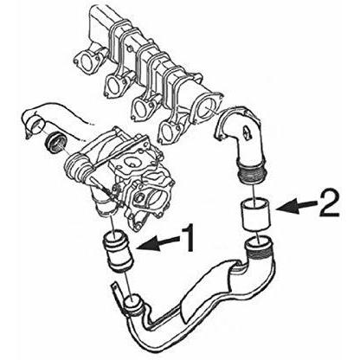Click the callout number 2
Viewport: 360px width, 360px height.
(329, 202)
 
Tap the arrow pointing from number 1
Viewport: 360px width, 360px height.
(158, 241)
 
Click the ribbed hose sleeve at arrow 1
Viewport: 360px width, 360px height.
(118, 251)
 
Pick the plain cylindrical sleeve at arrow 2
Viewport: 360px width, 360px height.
(255, 215)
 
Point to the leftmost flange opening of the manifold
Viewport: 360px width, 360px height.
(86, 63)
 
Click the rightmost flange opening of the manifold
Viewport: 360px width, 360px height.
(207, 106)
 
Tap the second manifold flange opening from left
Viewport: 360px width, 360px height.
(114, 86)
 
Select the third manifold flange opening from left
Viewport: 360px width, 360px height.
(142, 108)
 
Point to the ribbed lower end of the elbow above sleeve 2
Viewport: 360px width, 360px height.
(251, 174)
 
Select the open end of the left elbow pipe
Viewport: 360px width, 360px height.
(37, 126)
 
